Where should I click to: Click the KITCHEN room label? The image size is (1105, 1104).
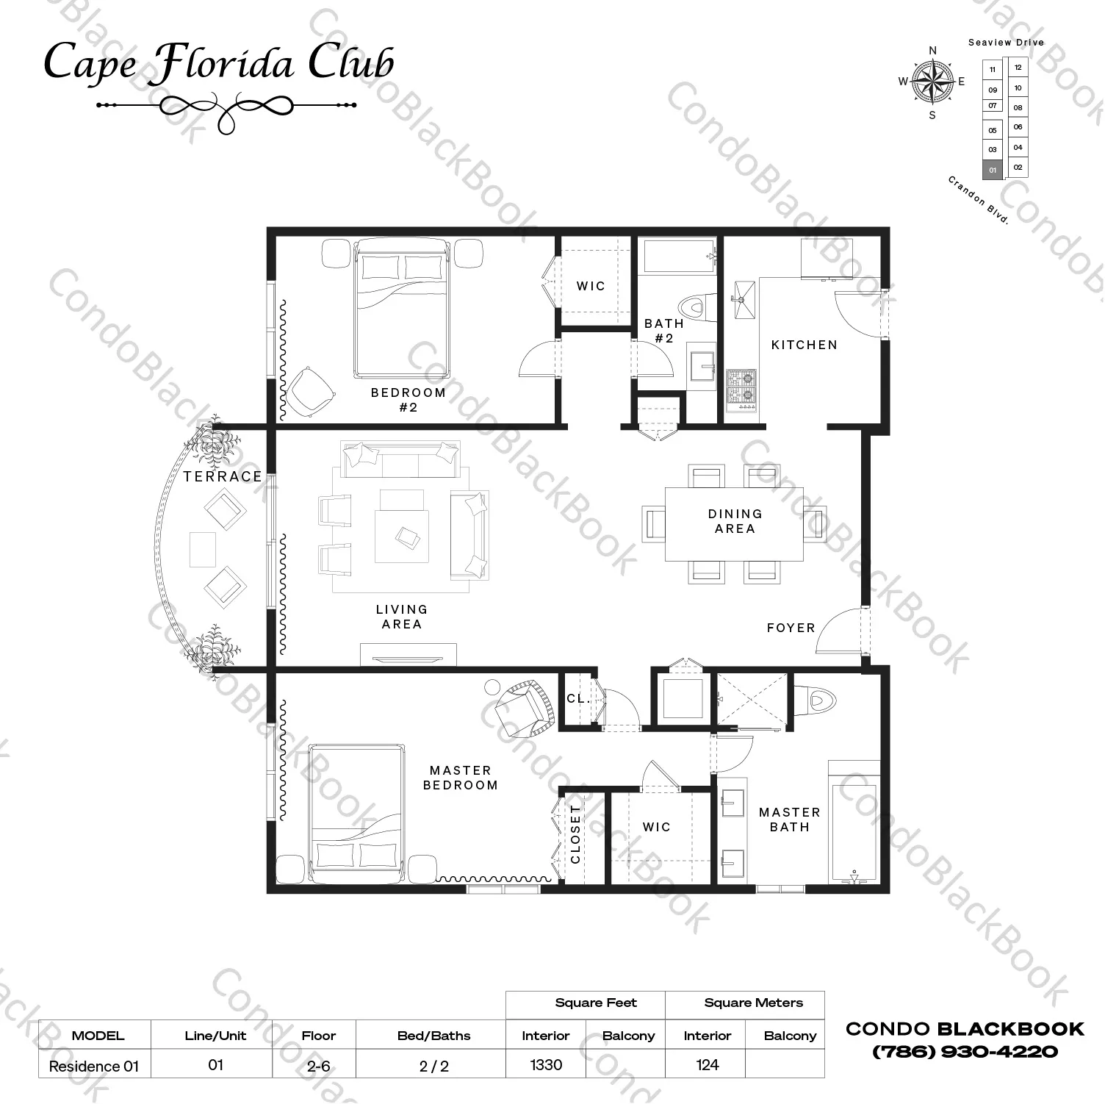point(804,345)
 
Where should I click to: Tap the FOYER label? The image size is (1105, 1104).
point(791,628)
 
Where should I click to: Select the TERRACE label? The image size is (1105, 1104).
point(223,476)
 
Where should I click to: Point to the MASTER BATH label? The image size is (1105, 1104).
point(789,820)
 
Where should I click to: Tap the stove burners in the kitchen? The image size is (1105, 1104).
point(741,389)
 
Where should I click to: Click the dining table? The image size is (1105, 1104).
point(734,523)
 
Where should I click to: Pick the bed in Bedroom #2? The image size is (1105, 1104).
point(402,307)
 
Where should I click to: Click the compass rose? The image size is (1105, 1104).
point(932,82)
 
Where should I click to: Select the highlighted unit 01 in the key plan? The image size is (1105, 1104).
point(992,170)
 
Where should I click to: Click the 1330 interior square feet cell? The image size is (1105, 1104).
point(546,1064)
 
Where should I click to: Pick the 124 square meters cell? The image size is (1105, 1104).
point(707,1064)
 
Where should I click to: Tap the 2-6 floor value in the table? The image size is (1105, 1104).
point(318,1066)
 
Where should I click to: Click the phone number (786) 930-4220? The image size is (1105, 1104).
point(965,1052)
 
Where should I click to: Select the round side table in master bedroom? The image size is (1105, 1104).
point(492,687)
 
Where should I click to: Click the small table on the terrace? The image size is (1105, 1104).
point(203,549)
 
